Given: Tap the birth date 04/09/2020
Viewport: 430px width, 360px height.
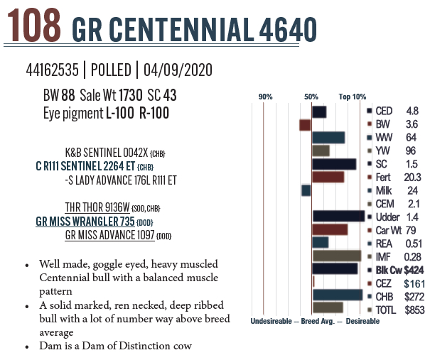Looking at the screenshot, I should (x=177, y=71).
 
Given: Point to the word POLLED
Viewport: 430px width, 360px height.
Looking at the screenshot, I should (x=112, y=71).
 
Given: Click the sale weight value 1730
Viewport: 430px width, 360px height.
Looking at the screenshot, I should (x=130, y=94).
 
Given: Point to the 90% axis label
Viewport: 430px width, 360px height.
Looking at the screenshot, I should (x=265, y=97).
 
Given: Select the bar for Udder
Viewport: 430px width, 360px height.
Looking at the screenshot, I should (x=338, y=216).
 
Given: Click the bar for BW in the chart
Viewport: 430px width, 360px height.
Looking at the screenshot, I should (x=306, y=125).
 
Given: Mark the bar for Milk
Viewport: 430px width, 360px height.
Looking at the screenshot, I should (x=306, y=190).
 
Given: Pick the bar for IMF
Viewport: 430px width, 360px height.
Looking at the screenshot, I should (x=338, y=256).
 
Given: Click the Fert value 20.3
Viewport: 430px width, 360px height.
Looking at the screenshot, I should (x=412, y=177).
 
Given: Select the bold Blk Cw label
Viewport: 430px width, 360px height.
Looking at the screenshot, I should (x=389, y=269).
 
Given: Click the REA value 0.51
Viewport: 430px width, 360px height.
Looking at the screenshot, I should (x=412, y=243).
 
